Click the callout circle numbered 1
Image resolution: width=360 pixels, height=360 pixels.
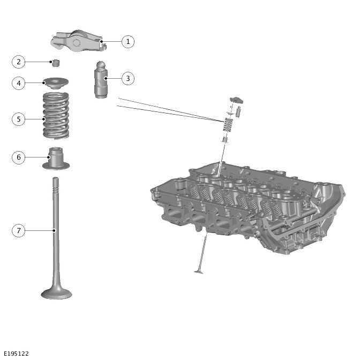coord(128,42)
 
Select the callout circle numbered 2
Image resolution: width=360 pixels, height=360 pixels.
coord(18,62)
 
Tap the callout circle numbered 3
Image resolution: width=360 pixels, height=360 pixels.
coord(128,79)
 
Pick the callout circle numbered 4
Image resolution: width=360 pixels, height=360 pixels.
coord(18,83)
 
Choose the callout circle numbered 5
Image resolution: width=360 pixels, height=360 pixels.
coord(18,119)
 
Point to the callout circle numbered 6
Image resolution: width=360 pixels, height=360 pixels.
coord(18,157)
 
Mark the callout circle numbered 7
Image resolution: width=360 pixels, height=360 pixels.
coord(18,230)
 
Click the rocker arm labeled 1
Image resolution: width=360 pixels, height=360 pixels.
coord(79,41)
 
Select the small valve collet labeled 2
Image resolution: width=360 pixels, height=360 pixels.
coord(56,63)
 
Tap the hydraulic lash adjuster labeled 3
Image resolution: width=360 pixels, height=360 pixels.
coord(101,80)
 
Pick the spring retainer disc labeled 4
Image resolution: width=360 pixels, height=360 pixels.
coord(56,84)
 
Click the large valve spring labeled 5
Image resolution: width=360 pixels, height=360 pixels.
coord(56,115)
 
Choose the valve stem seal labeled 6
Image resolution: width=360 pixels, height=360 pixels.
coord(56,159)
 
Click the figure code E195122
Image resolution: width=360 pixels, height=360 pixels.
coord(16,354)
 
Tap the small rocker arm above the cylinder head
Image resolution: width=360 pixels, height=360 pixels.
coord(236,100)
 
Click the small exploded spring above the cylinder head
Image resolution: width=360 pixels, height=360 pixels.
coord(228,125)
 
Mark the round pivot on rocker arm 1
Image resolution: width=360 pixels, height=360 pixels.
coord(76,43)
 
